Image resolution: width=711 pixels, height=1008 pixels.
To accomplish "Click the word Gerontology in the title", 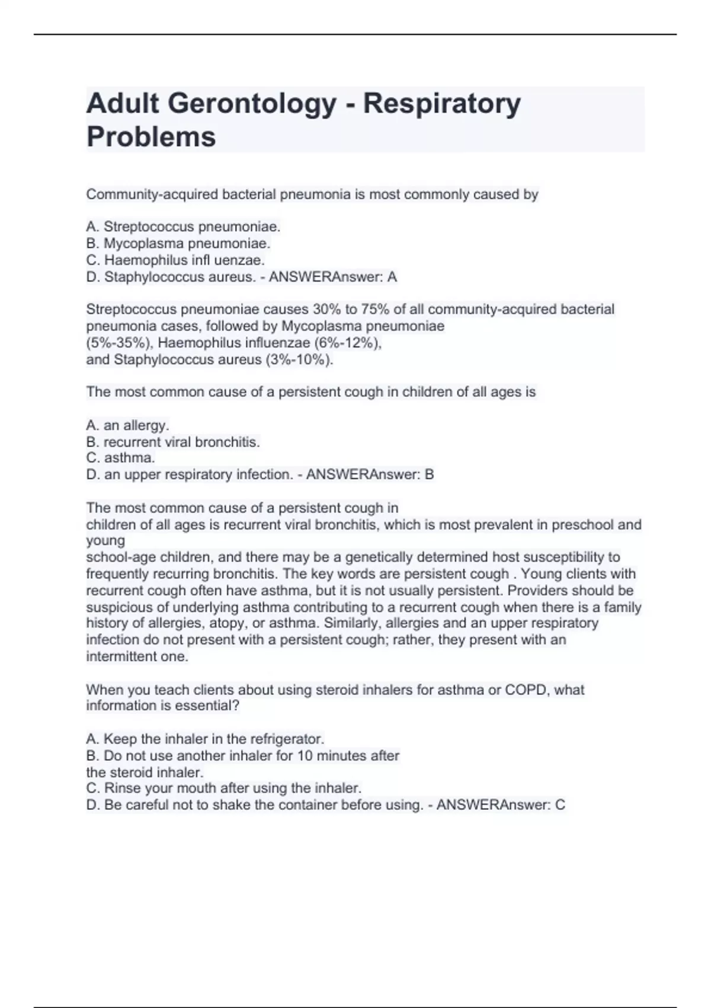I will pyautogui.click(x=252, y=104).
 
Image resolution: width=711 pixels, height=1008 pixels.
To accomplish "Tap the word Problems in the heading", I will pyautogui.click(x=151, y=137).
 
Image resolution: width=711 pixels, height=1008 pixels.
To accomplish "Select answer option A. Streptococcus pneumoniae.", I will pyautogui.click(x=183, y=227).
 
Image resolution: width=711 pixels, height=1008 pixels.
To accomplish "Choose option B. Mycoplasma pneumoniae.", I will pyautogui.click(x=178, y=243).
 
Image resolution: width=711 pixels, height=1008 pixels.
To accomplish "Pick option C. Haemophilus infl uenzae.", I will pyautogui.click(x=175, y=260).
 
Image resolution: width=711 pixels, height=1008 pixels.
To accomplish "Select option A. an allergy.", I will pyautogui.click(x=127, y=425).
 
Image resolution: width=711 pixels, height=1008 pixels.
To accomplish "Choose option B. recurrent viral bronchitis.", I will pyautogui.click(x=173, y=442).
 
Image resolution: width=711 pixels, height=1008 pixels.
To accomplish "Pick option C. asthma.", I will pyautogui.click(x=120, y=458).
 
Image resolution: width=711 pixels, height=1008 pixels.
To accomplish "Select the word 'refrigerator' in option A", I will pyautogui.click(x=287, y=739).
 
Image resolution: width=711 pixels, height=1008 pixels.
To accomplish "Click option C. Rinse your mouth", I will pyautogui.click(x=224, y=788).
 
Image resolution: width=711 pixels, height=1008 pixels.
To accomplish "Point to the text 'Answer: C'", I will pyautogui.click(x=533, y=805).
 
